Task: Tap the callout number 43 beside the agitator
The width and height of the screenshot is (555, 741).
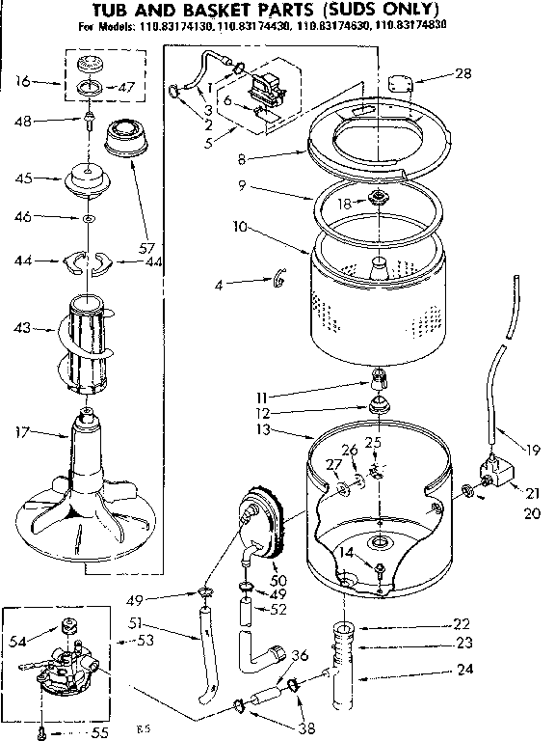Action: point(21,330)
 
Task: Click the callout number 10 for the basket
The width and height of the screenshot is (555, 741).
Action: point(214,228)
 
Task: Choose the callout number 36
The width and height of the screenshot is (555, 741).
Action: point(301,655)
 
